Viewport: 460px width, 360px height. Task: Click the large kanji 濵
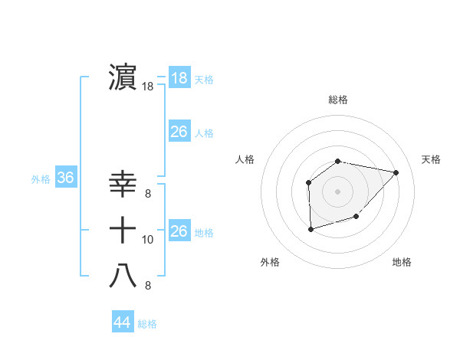tap(123, 77)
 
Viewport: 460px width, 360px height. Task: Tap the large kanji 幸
tap(123, 185)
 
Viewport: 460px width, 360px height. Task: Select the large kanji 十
tap(123, 230)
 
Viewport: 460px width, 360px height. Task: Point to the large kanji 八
tap(123, 276)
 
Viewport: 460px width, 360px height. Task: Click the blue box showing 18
tap(179, 78)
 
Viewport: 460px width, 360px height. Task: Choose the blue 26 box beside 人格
tap(179, 132)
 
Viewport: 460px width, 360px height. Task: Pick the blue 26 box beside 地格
tap(179, 231)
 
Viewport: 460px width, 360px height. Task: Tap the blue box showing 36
tap(66, 178)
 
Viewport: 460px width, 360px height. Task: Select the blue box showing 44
tap(122, 322)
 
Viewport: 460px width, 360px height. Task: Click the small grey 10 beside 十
tap(148, 240)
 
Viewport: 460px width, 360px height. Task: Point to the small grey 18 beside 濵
tap(148, 87)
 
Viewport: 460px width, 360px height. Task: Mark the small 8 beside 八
tap(147, 286)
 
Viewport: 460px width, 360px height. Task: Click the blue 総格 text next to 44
tap(147, 324)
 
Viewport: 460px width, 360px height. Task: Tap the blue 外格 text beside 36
tap(41, 179)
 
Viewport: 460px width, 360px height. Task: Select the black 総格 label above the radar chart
tap(338, 100)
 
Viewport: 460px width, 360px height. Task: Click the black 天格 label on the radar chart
tap(432, 159)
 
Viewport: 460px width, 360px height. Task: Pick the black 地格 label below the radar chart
tap(402, 262)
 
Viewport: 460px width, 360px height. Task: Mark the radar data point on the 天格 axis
tap(396, 172)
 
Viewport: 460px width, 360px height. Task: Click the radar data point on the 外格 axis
tap(310, 229)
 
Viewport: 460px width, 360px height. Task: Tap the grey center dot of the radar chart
tap(338, 191)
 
